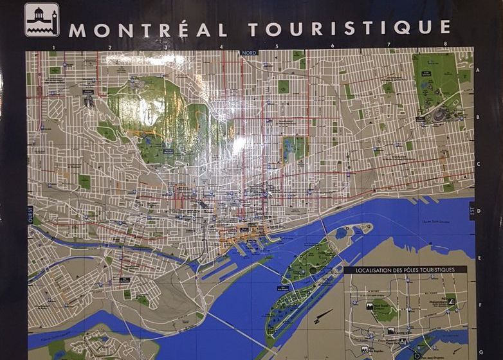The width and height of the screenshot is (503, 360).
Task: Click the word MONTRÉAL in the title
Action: coord(148,30)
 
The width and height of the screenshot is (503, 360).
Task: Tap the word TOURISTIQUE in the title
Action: coord(349,28)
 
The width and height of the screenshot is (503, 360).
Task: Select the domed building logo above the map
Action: coord(41,20)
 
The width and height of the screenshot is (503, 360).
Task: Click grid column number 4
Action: coord(221,46)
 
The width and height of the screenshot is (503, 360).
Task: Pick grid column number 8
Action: coord(445,44)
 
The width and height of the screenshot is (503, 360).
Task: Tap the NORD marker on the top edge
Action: coord(248,53)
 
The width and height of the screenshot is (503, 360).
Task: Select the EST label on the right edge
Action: coord(472,210)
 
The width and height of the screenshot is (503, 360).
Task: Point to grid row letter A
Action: coord(479,61)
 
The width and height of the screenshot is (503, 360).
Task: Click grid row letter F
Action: coord(480,305)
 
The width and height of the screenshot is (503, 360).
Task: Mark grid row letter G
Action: coord(480,352)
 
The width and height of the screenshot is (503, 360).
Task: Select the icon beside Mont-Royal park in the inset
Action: coord(371,307)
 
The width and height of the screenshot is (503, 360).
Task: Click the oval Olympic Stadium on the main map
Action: coord(441,114)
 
